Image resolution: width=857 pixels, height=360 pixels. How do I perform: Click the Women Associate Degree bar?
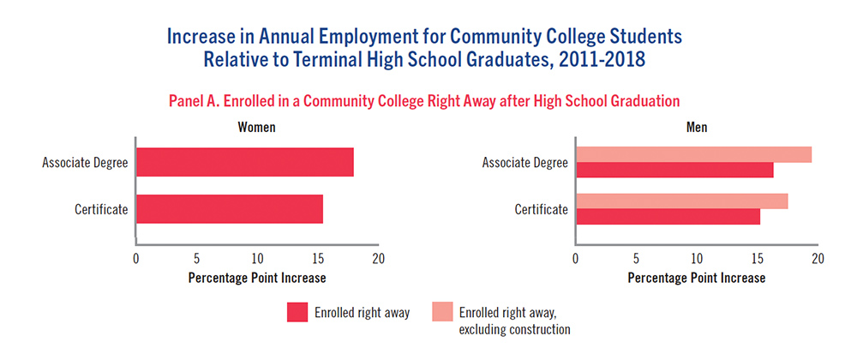pyautogui.click(x=244, y=163)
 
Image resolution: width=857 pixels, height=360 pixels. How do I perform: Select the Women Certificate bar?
pyautogui.click(x=229, y=209)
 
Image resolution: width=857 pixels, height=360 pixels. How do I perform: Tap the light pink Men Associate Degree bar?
pyautogui.click(x=693, y=154)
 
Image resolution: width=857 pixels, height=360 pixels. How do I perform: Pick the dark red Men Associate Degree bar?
pyautogui.click(x=674, y=170)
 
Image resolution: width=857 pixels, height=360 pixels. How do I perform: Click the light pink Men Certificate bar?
pyautogui.click(x=681, y=201)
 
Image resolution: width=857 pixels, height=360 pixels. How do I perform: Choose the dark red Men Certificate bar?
pyautogui.click(x=668, y=217)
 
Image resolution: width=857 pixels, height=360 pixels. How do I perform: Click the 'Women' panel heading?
pyautogui.click(x=256, y=127)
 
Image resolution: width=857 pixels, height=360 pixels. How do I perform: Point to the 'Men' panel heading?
pyautogui.click(x=696, y=127)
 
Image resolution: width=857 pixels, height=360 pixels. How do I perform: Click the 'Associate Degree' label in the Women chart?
pyautogui.click(x=84, y=163)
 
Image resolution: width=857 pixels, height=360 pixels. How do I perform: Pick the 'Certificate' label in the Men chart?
pyautogui.click(x=541, y=209)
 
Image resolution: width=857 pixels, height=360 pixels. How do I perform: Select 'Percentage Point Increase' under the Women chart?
pyautogui.click(x=256, y=278)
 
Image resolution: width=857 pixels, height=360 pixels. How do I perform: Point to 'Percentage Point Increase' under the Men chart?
pyautogui.click(x=696, y=278)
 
